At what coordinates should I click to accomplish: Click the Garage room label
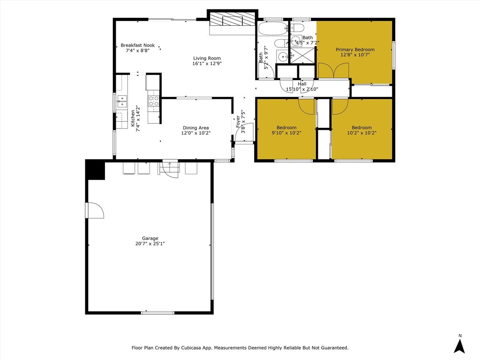pyautogui.click(x=150, y=238)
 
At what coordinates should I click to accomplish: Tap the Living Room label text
pyautogui.click(x=207, y=58)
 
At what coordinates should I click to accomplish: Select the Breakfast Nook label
pyautogui.click(x=138, y=45)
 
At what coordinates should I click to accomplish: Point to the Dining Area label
pyautogui.click(x=196, y=127)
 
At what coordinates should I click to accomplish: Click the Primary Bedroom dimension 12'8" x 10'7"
pyautogui.click(x=355, y=55)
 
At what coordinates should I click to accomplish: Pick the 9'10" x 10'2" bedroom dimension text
pyautogui.click(x=286, y=133)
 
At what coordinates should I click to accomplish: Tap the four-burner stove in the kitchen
pyautogui.click(x=154, y=101)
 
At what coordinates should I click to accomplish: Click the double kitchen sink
pyautogui.click(x=122, y=101)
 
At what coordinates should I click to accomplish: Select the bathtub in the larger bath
pyautogui.click(x=272, y=29)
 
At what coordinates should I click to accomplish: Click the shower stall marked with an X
pyautogui.click(x=302, y=55)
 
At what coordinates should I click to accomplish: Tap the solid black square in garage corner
pyautogui.click(x=96, y=170)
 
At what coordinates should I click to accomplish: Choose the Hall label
pyautogui.click(x=302, y=84)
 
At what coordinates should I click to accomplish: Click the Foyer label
pyautogui.click(x=238, y=121)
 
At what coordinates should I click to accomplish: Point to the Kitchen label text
pyautogui.click(x=133, y=119)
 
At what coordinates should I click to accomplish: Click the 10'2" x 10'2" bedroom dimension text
pyautogui.click(x=362, y=133)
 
